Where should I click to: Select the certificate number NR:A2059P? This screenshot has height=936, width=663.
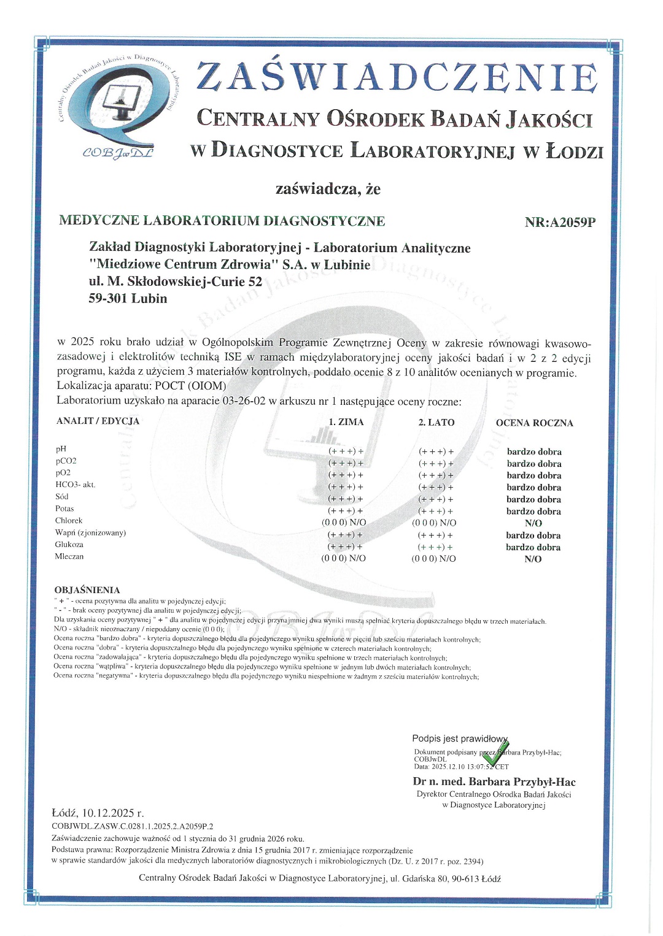point(560,222)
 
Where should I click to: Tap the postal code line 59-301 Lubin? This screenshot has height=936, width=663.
point(128,299)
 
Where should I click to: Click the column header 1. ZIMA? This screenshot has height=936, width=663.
point(346,422)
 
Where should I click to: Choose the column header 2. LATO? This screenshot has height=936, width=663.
point(436,422)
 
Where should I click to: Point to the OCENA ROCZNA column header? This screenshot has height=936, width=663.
point(534,423)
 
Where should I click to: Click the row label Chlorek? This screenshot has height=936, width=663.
point(69,521)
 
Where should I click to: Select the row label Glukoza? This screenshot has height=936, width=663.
point(69,545)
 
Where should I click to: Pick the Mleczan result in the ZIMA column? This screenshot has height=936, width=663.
point(344,558)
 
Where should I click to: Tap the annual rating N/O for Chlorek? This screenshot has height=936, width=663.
point(533,523)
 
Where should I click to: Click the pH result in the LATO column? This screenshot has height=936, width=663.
point(436,451)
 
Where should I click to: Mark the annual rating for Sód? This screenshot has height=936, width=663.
point(533,499)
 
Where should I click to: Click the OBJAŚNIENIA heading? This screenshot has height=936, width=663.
point(87,590)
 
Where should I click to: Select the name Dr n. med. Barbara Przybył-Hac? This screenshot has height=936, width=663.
point(494,781)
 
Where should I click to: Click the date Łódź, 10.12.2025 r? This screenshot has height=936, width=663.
point(98,813)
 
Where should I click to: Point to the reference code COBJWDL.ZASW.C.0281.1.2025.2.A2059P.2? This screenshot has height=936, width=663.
point(133,826)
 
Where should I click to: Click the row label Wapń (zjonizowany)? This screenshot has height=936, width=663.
point(90,532)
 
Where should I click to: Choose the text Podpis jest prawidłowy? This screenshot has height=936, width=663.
point(460,738)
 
